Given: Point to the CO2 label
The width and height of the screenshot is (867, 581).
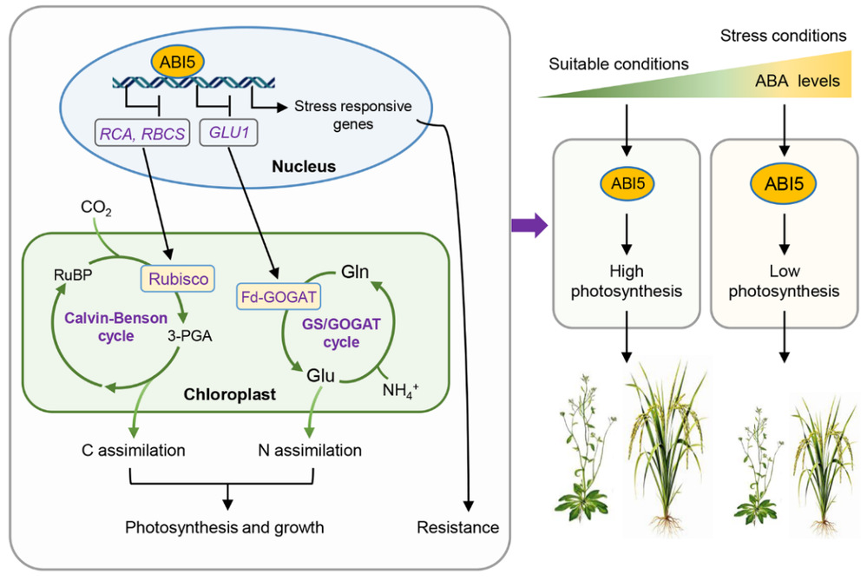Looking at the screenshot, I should point(95,208).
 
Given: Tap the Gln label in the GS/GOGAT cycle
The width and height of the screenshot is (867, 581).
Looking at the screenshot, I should point(356,270).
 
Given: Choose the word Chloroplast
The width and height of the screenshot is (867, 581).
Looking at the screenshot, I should point(229,394).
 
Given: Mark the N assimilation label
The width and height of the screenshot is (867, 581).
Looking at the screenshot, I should point(309,450).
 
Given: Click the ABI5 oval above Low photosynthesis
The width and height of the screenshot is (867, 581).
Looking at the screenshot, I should point(784,185).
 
